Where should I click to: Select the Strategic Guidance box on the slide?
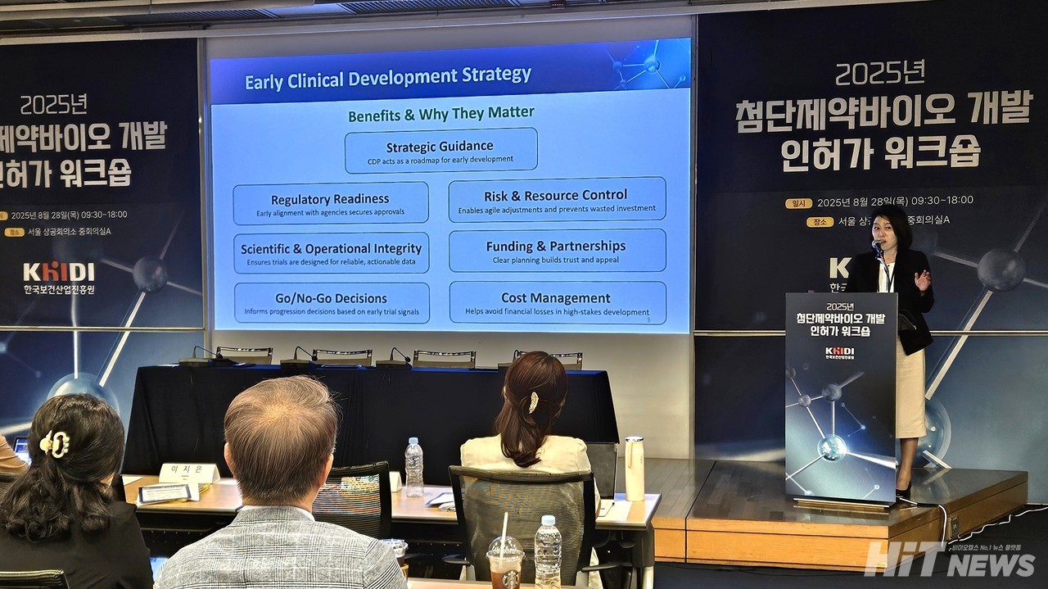[x=440, y=151]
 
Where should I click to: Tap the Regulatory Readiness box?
[x=330, y=203]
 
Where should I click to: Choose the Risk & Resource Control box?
[x=557, y=199]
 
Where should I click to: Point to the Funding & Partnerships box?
[x=557, y=251]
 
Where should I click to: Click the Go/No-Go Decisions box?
[x=332, y=303]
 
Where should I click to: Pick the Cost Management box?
[x=557, y=302]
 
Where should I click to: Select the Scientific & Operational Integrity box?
[x=331, y=253]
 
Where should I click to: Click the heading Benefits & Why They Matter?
[x=440, y=113]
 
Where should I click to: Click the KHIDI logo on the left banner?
[x=58, y=273]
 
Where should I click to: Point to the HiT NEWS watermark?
[x=950, y=560]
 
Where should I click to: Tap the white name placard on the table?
[x=188, y=473]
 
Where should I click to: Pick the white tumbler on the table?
[x=635, y=468]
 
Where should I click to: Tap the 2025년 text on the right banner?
[x=880, y=74]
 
